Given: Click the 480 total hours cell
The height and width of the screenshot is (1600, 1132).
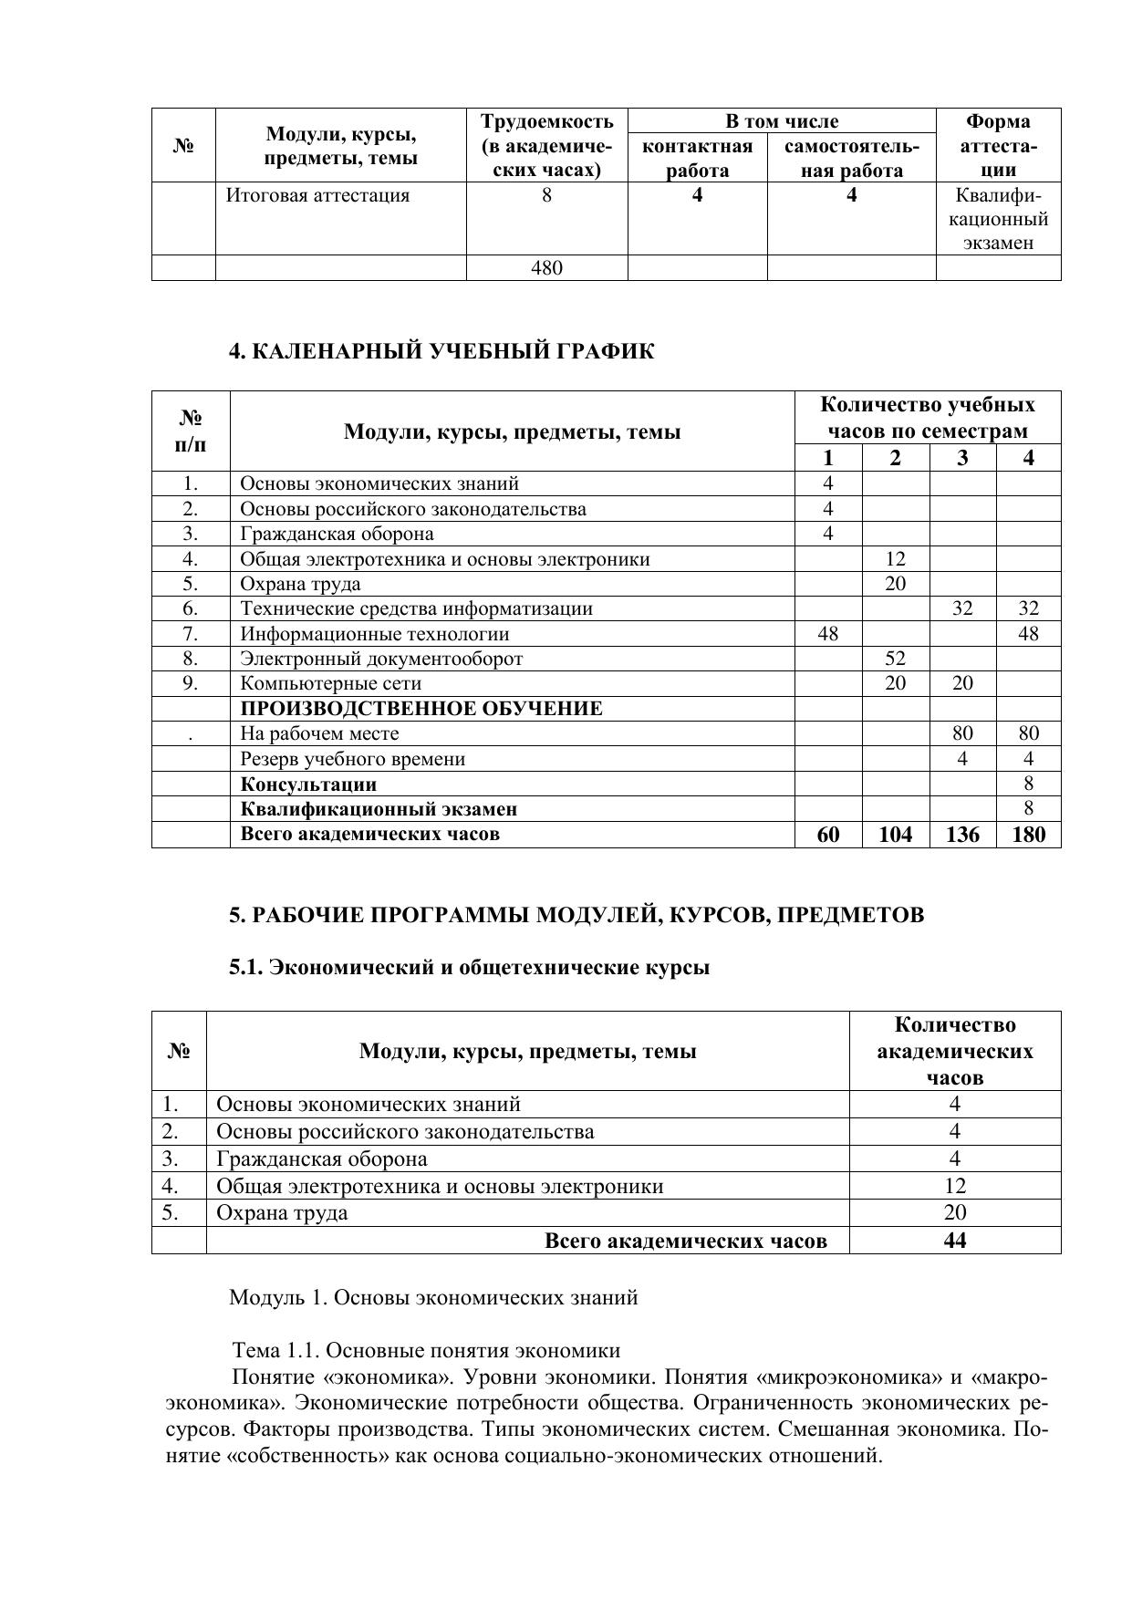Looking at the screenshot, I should click(546, 268).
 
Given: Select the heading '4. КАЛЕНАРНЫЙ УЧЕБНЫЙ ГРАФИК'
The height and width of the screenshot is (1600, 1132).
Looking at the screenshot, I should click(441, 352).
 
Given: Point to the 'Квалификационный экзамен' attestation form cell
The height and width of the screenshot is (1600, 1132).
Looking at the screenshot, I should click(998, 219).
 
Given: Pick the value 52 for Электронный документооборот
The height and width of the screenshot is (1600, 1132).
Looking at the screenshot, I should click(895, 659).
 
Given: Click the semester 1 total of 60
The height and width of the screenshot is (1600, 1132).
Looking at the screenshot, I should click(828, 834).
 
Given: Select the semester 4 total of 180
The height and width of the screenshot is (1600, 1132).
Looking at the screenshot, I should click(1028, 834).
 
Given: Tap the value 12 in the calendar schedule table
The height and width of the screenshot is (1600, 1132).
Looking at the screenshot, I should click(895, 559).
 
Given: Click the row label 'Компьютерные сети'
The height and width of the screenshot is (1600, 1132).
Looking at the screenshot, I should click(331, 683).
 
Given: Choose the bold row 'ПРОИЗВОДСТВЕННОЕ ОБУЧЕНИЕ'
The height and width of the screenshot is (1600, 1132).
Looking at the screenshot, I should click(421, 709).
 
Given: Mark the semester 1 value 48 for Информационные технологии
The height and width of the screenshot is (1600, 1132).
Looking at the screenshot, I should click(828, 634).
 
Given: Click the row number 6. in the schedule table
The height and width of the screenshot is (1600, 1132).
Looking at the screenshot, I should click(191, 608).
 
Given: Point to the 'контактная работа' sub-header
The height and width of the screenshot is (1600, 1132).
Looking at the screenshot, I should click(697, 159).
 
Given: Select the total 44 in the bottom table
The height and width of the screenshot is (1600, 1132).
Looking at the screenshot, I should click(954, 1241).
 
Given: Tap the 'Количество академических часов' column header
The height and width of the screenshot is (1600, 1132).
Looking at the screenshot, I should click(954, 1051).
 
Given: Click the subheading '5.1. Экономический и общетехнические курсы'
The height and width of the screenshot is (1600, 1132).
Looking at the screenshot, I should click(469, 968).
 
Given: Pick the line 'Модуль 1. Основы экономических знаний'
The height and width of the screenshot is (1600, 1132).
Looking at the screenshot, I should click(433, 1297).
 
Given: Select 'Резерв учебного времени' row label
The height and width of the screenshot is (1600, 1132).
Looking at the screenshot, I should click(353, 759).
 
